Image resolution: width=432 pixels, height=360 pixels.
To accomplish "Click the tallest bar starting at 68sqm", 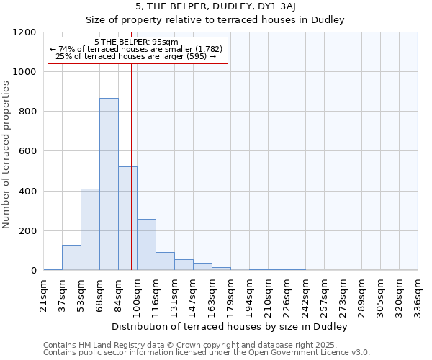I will coord(109,184).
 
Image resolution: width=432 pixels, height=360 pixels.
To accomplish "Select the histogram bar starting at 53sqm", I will coord(90,230).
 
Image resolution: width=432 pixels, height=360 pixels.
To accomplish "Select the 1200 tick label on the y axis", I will coord(24,32).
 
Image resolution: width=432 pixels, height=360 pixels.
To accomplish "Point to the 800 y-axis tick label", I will coord(27,112).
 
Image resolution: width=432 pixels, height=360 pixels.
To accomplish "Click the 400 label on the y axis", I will coord(27,192).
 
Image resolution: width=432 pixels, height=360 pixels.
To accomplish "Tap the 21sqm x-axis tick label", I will coord(44,295).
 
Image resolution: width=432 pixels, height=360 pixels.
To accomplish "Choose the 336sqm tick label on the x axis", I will coord(418,295).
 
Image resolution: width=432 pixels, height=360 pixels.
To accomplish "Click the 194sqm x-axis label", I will coord(249,295).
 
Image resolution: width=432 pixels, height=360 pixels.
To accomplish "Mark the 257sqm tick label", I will coord(324,295).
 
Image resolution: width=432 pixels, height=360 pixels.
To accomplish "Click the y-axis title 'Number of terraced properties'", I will coord(7,154).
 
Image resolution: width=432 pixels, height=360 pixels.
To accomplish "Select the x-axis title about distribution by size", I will coord(230,327).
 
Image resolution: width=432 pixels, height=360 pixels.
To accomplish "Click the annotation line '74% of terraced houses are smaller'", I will coord(137,49).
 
